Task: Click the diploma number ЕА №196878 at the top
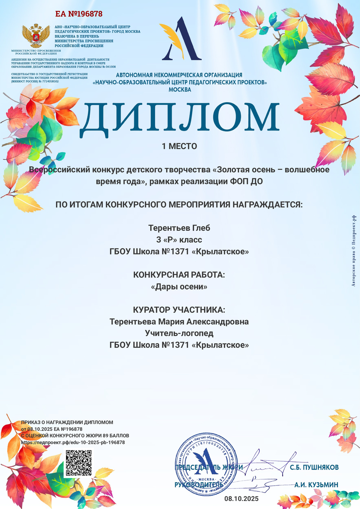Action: tap(79, 14)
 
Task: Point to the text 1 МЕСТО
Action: tap(179, 146)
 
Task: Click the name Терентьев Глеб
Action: tap(179, 228)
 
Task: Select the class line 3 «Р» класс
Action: tap(179, 240)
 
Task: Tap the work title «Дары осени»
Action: tap(179, 287)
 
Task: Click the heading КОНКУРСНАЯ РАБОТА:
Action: tap(179, 275)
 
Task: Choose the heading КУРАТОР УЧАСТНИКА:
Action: tap(179, 310)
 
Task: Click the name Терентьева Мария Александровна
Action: tap(179, 322)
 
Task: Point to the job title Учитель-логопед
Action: tap(179, 333)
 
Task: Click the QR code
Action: tap(79, 463)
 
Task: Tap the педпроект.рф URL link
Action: tap(73, 442)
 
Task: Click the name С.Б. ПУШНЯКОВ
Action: tap(314, 468)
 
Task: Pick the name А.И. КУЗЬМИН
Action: tap(316, 485)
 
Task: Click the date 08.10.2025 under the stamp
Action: tap(242, 498)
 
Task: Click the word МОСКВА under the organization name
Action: tap(180, 90)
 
